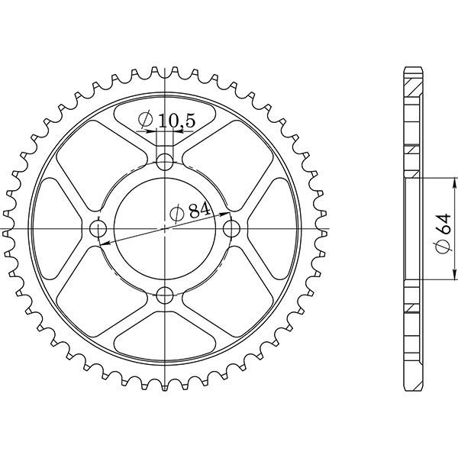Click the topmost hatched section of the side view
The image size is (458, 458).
point(411,80)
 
